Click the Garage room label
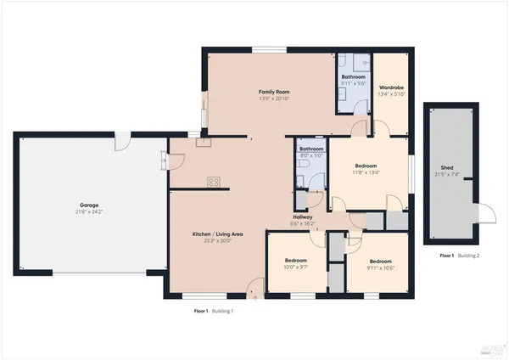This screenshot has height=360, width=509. (88, 205)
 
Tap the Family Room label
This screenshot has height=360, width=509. (274, 92)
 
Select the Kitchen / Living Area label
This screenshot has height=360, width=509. (217, 233)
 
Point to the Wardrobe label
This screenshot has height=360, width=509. (390, 87)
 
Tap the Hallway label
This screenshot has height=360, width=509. (302, 217)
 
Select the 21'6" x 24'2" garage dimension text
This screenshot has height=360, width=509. (88, 211)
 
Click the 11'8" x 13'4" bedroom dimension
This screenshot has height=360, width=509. (366, 172)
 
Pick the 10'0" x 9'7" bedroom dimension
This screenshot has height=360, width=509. (295, 267)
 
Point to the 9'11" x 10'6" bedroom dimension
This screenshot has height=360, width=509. (380, 267)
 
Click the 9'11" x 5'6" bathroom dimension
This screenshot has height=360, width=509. (352, 83)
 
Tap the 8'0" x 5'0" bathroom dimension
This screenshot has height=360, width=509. (310, 155)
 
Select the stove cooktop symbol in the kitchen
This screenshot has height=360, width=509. (214, 181)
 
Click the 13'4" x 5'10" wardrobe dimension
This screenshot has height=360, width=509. (390, 93)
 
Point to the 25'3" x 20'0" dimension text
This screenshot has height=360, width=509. (217, 240)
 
